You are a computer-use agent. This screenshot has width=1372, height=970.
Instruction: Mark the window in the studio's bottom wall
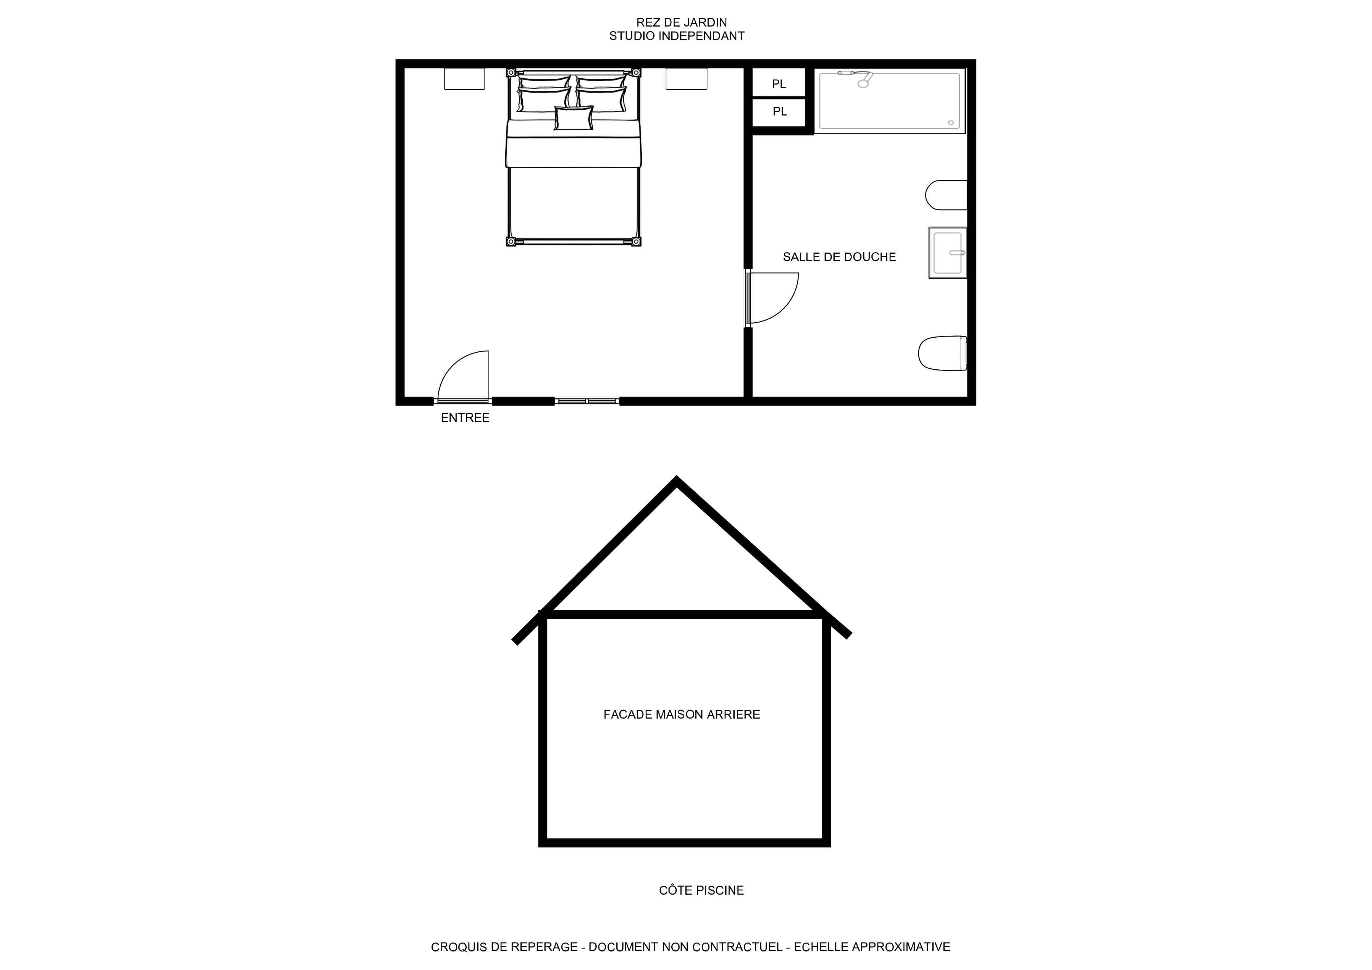pos(587,401)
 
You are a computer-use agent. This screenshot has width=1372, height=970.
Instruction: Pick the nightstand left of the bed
pos(464,79)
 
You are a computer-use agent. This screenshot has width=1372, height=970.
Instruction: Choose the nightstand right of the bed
pos(687,79)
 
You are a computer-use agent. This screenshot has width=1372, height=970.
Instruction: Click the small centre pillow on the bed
pos(574,118)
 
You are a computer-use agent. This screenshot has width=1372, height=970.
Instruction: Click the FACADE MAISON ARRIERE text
pos(682,714)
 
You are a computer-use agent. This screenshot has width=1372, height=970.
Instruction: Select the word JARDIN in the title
pos(705,23)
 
